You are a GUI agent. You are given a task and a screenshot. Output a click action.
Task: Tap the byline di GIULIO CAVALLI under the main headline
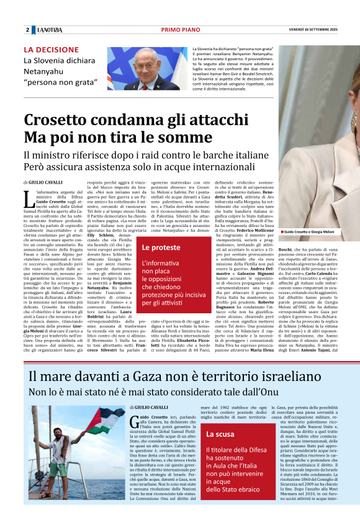(x=43, y=182)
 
